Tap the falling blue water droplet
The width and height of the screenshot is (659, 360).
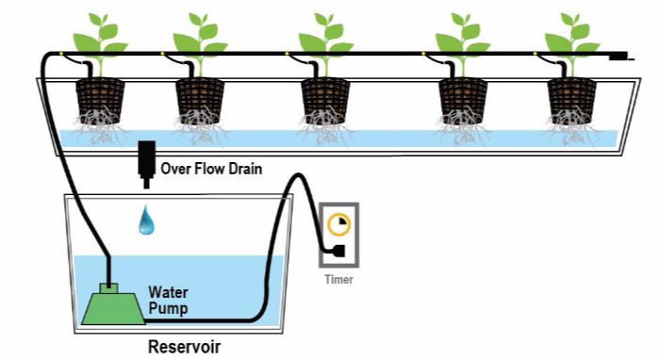tap(146, 220)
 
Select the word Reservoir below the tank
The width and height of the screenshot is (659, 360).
tap(184, 347)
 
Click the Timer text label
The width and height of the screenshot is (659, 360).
tap(338, 279)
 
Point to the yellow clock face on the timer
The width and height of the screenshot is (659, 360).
tap(338, 224)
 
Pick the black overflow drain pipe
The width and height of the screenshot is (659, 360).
tap(147, 165)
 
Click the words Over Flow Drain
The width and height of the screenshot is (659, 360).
tap(211, 169)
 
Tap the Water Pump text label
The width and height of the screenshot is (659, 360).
tap(168, 300)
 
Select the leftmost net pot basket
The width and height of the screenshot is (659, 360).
tap(100, 101)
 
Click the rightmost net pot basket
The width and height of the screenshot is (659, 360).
tap(572, 101)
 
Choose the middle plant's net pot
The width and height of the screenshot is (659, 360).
tap(325, 101)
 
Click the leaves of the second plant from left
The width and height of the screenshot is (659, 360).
tap(201, 36)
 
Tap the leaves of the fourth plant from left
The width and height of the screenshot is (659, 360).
tap(463, 36)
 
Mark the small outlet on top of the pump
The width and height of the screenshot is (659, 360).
tap(108, 288)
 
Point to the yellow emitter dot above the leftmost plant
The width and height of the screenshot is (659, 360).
tap(61, 54)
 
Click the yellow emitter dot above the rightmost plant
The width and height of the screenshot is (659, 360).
tap(535, 54)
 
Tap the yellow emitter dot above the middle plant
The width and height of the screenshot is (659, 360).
tap(287, 54)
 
